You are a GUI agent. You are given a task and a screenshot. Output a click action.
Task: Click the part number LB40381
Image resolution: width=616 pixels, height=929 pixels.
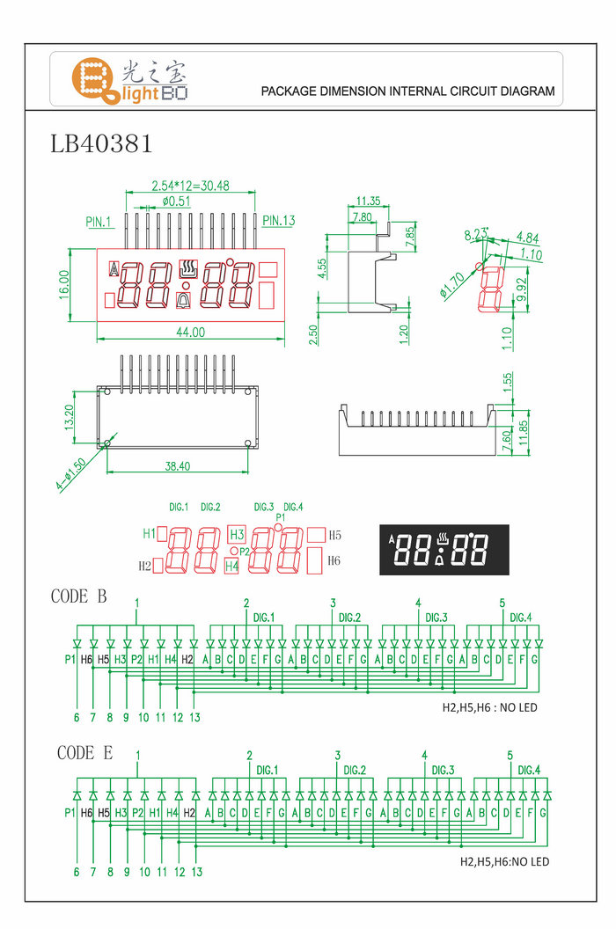point(102,143)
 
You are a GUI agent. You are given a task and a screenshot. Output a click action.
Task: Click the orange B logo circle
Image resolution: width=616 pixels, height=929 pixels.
point(92,78)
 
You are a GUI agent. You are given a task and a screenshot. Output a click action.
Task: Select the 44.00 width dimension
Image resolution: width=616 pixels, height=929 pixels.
point(191,333)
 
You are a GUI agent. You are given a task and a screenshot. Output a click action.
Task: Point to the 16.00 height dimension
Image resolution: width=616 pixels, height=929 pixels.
point(65,285)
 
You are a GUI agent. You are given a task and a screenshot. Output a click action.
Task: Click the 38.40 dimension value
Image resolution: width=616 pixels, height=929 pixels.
point(179,466)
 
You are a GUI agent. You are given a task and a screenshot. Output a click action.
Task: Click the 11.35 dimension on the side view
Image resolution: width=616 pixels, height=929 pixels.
point(368,201)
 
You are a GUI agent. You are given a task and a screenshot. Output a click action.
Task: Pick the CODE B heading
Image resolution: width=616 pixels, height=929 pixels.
point(79,596)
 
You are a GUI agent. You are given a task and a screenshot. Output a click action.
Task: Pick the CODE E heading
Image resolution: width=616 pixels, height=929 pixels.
point(84,753)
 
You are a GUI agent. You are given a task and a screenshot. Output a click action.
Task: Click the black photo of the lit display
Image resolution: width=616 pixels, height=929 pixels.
point(444,549)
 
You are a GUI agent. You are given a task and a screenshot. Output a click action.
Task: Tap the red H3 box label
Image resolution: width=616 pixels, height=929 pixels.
point(236,535)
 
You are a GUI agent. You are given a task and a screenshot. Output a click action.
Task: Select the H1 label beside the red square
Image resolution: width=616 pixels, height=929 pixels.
point(149,533)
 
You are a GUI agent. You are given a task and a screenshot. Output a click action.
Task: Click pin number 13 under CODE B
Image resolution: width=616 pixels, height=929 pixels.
point(194,718)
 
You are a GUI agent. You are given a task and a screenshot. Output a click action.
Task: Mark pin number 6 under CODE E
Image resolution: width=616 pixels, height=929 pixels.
point(77,872)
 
